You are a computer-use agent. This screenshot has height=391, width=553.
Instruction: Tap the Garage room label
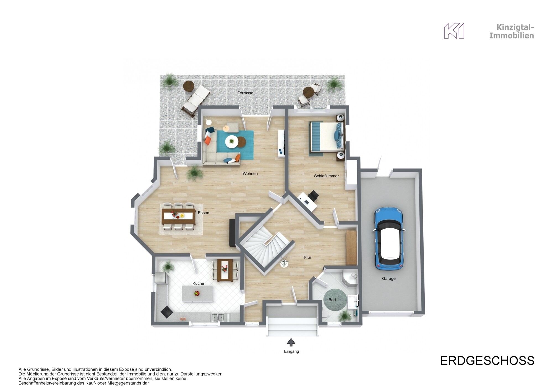click(389, 278)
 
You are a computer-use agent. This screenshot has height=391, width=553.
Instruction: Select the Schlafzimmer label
click(326, 176)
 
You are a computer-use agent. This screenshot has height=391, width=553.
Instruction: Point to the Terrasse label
click(245, 93)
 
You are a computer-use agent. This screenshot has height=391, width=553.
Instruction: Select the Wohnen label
click(250, 174)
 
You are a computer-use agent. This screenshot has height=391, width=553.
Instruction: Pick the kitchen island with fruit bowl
click(197, 294)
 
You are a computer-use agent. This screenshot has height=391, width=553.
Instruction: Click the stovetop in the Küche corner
click(167, 312)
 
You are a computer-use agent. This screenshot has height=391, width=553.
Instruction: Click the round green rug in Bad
click(335, 300)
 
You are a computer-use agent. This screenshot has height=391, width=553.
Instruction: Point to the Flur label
click(307, 257)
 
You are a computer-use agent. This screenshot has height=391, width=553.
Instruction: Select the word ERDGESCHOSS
click(487, 361)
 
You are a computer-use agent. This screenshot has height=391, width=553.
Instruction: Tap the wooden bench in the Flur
click(351, 247)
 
